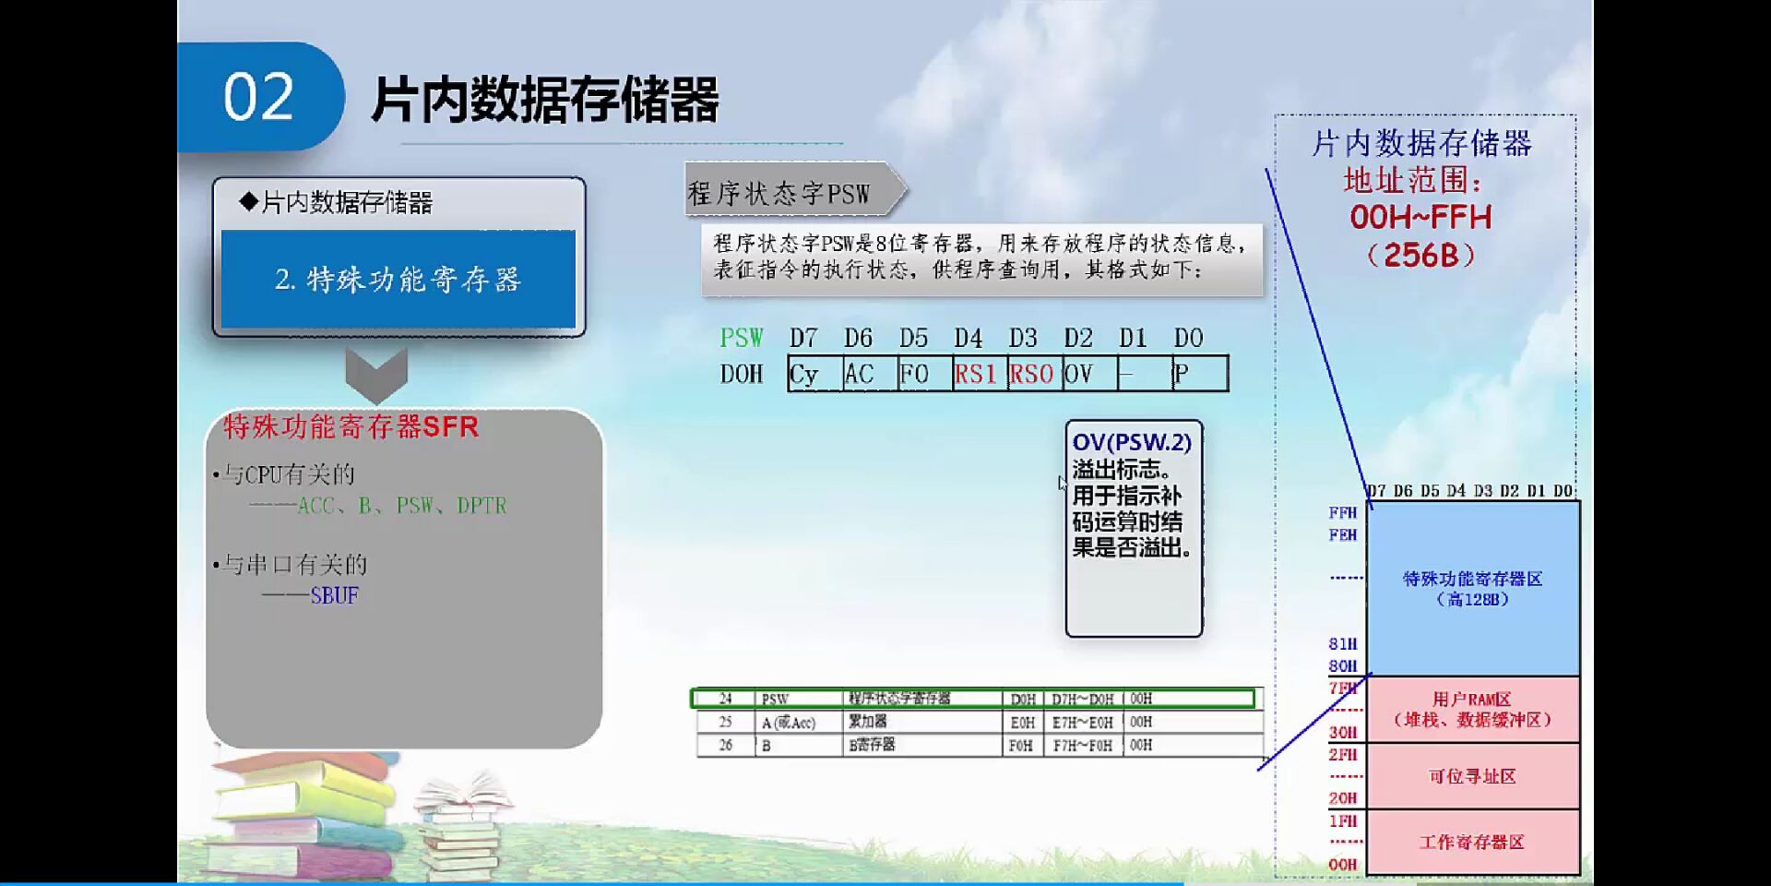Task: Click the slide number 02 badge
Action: pyautogui.click(x=258, y=97)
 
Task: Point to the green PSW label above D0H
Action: pyautogui.click(x=742, y=338)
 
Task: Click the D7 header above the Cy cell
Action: pyautogui.click(x=802, y=338)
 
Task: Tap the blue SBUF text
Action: pyautogui.click(x=334, y=595)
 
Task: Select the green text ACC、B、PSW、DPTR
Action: pyautogui.click(x=402, y=506)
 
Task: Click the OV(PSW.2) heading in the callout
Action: pyautogui.click(x=1132, y=443)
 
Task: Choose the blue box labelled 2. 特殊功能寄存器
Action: pyautogui.click(x=398, y=279)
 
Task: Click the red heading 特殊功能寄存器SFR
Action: pyautogui.click(x=351, y=426)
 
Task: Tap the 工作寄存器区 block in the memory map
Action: pyautogui.click(x=1472, y=842)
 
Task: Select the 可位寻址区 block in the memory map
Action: pyautogui.click(x=1472, y=776)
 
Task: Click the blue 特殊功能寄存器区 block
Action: pyautogui.click(x=1472, y=588)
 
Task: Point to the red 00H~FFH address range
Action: pyautogui.click(x=1420, y=218)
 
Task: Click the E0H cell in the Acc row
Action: pyautogui.click(x=1022, y=722)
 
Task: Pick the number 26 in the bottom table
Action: pyautogui.click(x=725, y=745)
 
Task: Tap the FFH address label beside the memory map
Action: pyautogui.click(x=1343, y=513)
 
